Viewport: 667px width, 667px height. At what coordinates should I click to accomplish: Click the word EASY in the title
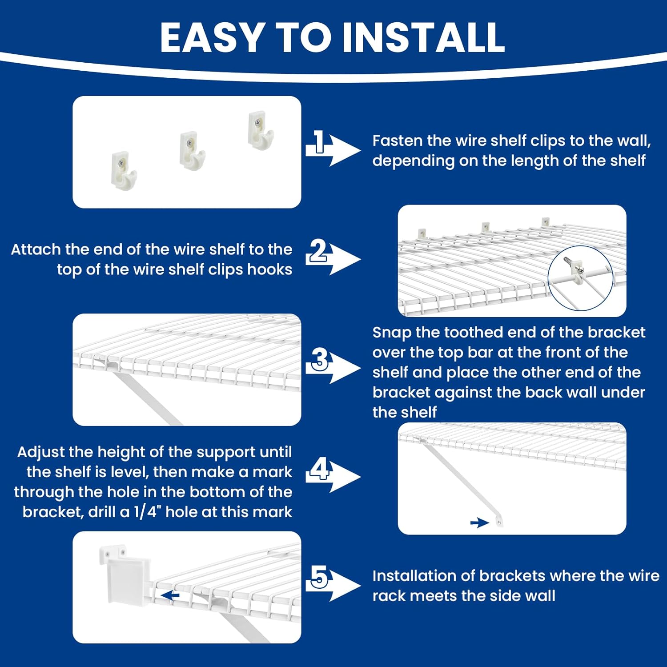click(x=211, y=37)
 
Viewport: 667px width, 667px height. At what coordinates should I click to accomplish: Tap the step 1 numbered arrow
click(x=333, y=149)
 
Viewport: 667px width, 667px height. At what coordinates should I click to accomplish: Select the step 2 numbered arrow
click(x=333, y=258)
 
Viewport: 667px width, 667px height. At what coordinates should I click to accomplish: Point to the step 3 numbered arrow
click(x=333, y=367)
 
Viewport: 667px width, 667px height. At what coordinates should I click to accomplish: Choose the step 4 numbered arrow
click(x=333, y=476)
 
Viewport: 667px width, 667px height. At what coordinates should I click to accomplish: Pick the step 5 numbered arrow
click(x=333, y=585)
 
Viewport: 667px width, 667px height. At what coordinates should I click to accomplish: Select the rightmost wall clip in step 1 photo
click(x=260, y=130)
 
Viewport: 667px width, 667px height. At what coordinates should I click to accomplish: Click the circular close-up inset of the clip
click(x=580, y=278)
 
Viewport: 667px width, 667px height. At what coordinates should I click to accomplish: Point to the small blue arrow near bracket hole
click(x=479, y=523)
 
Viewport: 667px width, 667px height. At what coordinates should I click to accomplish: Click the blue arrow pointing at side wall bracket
click(x=170, y=595)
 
